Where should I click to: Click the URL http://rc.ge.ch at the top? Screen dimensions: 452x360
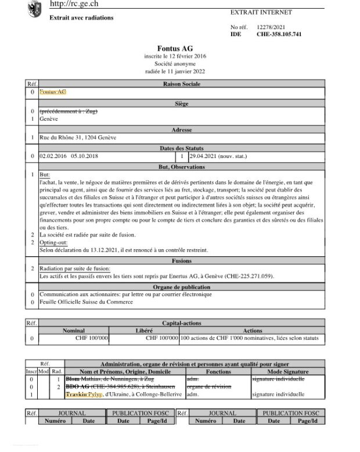coord(74,4)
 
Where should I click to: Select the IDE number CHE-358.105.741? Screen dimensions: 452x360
coord(279,35)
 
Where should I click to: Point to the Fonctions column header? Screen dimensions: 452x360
coord(218,371)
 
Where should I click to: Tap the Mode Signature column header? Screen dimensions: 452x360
coord(287,371)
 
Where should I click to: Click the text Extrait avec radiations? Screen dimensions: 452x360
coord(81,17)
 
